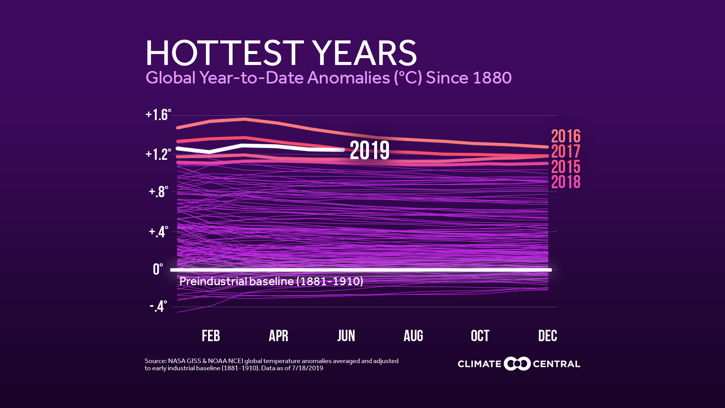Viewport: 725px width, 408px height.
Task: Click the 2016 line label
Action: click(566, 136)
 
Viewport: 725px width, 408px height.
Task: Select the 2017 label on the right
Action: click(566, 151)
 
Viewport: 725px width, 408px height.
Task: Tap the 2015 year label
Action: click(566, 167)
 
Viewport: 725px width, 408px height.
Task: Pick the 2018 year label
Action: click(566, 182)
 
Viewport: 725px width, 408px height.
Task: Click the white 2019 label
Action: click(369, 150)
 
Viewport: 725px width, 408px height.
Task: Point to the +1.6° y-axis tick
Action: click(158, 115)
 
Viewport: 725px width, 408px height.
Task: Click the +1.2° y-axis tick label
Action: click(158, 155)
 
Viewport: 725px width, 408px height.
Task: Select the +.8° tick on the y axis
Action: click(158, 192)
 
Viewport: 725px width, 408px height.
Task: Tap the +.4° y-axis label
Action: click(158, 232)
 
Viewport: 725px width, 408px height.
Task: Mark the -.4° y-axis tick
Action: click(158, 306)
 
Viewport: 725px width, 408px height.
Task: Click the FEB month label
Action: click(211, 336)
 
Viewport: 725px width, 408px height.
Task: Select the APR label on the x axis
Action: click(278, 336)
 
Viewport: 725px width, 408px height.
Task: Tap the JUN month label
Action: click(346, 336)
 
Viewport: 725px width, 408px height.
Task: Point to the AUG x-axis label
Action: click(413, 336)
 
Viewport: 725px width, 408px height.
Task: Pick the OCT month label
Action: click(480, 336)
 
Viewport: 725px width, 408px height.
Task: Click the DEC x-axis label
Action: click(548, 336)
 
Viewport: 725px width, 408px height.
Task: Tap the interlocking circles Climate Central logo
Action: click(517, 364)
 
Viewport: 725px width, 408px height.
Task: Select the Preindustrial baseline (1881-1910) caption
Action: click(271, 281)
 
